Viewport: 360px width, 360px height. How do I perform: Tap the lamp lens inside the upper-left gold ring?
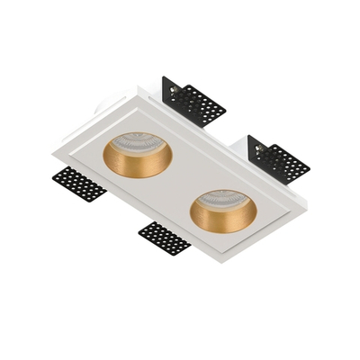point(140,146)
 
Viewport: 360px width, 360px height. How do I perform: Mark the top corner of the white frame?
point(137,85)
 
